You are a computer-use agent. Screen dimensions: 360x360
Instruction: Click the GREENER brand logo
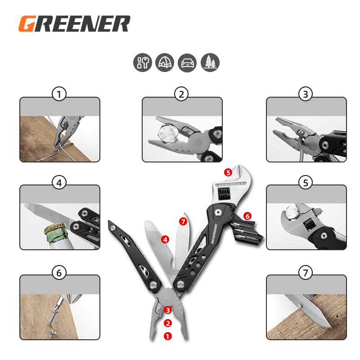(74, 23)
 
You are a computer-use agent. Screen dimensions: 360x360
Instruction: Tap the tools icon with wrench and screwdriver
(143, 63)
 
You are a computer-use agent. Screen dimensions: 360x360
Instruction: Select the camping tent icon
(165, 63)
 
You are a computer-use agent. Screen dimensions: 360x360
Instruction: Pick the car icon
(187, 63)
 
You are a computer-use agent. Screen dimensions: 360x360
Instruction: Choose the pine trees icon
(210, 63)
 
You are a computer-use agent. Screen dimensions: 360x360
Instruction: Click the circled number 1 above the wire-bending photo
(59, 94)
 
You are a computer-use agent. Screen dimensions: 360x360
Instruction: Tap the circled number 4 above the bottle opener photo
(59, 183)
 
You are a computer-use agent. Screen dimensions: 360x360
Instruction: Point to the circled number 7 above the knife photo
(306, 273)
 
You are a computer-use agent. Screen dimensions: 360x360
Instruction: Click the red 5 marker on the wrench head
(228, 172)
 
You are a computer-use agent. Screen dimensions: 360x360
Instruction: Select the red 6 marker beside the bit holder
(247, 216)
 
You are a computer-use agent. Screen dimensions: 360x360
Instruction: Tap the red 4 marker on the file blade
(165, 240)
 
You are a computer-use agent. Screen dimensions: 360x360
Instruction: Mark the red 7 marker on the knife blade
(183, 221)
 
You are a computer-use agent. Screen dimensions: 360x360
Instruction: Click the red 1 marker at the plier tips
(168, 336)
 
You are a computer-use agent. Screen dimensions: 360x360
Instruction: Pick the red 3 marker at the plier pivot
(168, 310)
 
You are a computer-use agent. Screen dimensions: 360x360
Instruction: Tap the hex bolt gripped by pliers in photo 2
(169, 134)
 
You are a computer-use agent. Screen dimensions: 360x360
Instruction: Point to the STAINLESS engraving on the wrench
(230, 184)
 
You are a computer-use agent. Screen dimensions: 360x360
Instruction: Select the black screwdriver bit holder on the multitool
(245, 231)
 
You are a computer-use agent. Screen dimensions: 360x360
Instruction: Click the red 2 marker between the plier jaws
(168, 323)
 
